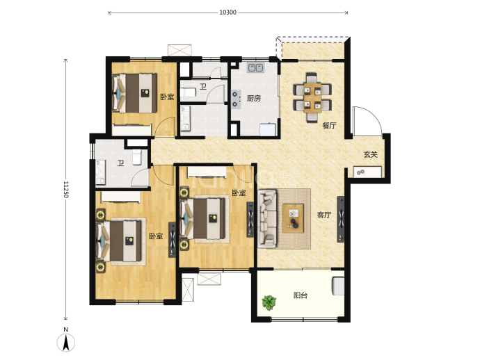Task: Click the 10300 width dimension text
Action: pyautogui.click(x=227, y=13)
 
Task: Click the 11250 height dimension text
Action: pyautogui.click(x=66, y=189)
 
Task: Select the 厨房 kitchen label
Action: pyautogui.click(x=254, y=98)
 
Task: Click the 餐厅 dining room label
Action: pyautogui.click(x=329, y=125)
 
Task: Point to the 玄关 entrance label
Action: pyautogui.click(x=370, y=154)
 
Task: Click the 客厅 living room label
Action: pyautogui.click(x=324, y=215)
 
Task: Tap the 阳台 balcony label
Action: pyautogui.click(x=301, y=295)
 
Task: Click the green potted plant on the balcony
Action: pyautogui.click(x=269, y=302)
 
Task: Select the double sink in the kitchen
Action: pyautogui.click(x=255, y=67)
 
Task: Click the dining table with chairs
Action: pyautogui.click(x=312, y=97)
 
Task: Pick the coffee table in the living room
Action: pyautogui.click(x=294, y=218)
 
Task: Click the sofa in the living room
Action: pyautogui.click(x=267, y=218)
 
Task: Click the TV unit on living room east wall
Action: pyautogui.click(x=340, y=219)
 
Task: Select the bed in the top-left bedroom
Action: pyautogui.click(x=135, y=93)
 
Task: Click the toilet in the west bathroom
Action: pyautogui.click(x=137, y=157)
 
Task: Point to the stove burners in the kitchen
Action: pyautogui.click(x=235, y=99)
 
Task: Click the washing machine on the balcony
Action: pyautogui.click(x=338, y=286)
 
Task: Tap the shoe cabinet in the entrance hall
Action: pyautogui.click(x=367, y=172)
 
